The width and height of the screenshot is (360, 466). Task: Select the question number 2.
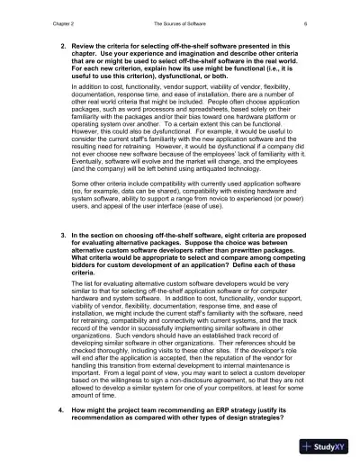tap(62, 44)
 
